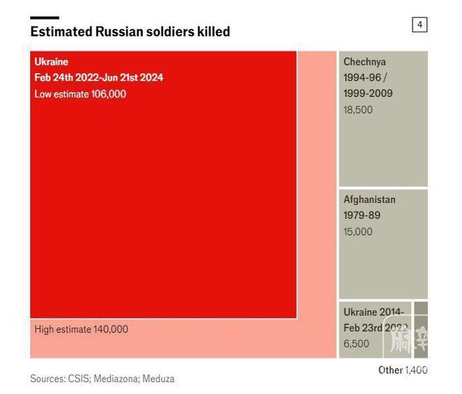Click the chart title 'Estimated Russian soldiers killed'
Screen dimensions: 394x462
tap(129, 32)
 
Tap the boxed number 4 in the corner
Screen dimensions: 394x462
tap(419, 25)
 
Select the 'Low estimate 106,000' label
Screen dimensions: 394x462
tap(80, 94)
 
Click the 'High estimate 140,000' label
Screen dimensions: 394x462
tap(81, 329)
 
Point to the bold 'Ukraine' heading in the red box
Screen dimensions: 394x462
tap(51, 62)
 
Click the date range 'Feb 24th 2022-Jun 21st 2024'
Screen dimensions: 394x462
tap(99, 77)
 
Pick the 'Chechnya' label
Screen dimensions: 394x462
tap(364, 62)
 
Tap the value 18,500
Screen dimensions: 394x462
tap(358, 109)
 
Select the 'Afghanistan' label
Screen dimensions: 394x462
tap(369, 199)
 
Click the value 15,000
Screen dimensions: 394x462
tap(358, 231)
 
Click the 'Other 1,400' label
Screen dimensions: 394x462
tap(402, 369)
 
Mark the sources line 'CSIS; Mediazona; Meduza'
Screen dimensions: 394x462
tap(102, 379)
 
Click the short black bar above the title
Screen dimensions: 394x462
tap(44, 18)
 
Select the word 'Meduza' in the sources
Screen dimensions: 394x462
tap(158, 379)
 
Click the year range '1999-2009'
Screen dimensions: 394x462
tap(367, 93)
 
